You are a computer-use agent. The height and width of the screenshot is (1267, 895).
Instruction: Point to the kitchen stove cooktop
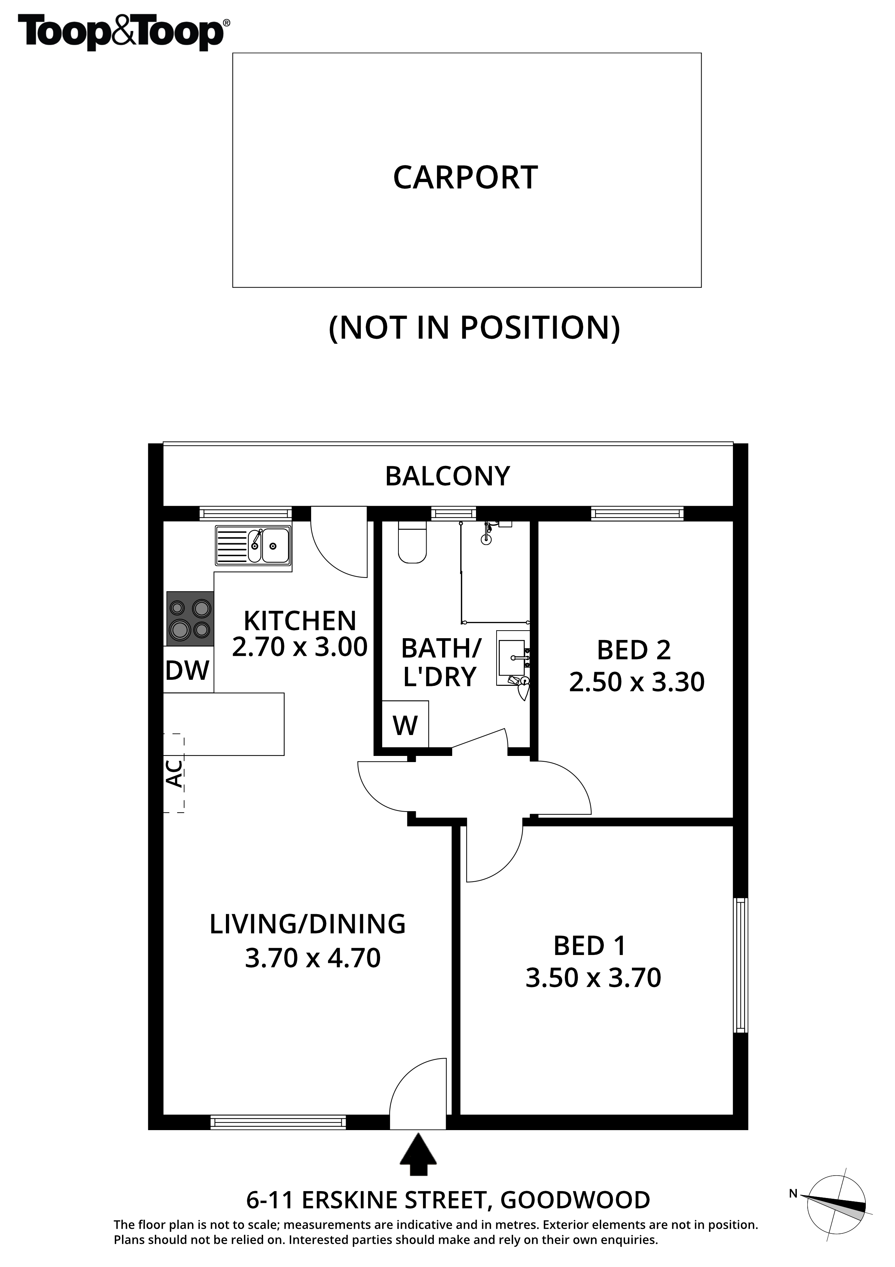tap(190, 619)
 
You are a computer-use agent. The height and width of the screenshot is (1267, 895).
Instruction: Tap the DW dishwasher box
tap(188, 669)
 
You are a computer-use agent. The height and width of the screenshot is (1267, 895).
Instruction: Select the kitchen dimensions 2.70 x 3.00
tap(300, 647)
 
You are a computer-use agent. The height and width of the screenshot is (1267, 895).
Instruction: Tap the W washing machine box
tap(405, 724)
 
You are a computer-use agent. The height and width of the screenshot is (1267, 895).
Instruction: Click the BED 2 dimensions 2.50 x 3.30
tap(637, 682)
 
